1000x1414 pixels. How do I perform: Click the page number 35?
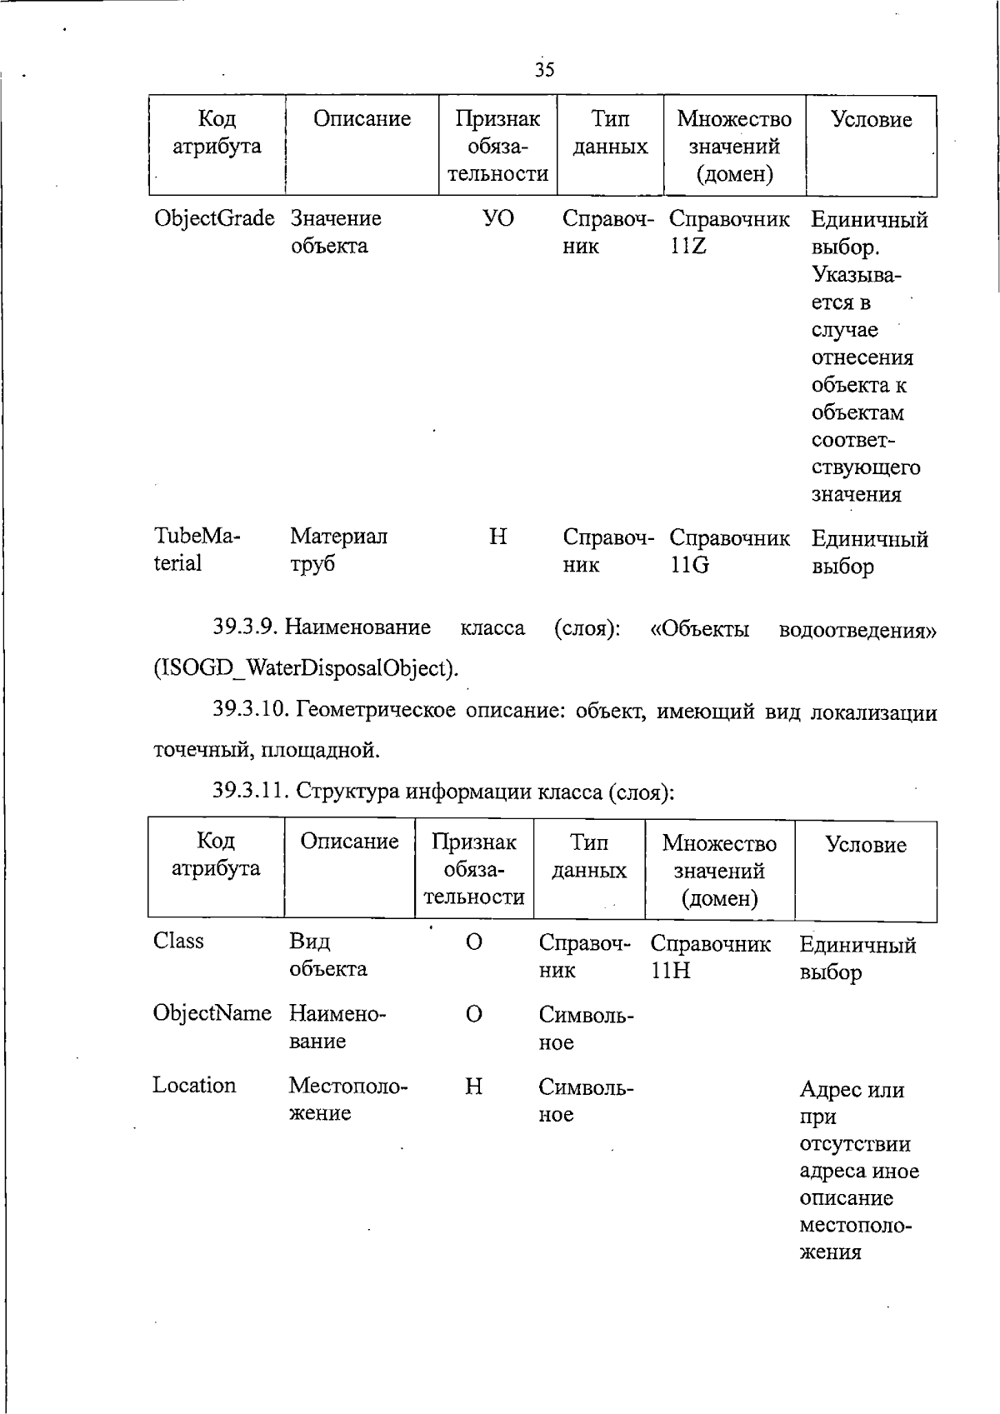coord(544,69)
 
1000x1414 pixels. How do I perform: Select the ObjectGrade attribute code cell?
coord(214,218)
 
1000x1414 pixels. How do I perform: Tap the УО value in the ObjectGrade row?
coord(497,218)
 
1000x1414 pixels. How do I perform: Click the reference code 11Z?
coord(688,247)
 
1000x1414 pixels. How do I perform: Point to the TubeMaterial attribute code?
coord(196,550)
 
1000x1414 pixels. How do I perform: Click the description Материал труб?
coord(337,550)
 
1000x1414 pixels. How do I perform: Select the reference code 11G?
coord(689,566)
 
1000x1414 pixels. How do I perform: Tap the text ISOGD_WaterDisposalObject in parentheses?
coord(306,668)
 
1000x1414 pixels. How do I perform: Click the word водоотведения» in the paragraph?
coord(857,629)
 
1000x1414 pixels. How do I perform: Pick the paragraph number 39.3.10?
coord(250,711)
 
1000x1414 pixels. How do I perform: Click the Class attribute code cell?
coord(178,941)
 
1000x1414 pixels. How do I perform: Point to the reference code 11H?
coord(670,971)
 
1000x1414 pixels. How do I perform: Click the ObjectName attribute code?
coord(212,1013)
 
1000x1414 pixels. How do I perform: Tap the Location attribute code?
coord(194,1085)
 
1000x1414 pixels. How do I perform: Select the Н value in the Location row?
coord(472,1086)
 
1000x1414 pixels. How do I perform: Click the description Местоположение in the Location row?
coord(347,1099)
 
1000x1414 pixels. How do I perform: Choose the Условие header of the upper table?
coord(871,120)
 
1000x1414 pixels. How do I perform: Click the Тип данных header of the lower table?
coord(588,856)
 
